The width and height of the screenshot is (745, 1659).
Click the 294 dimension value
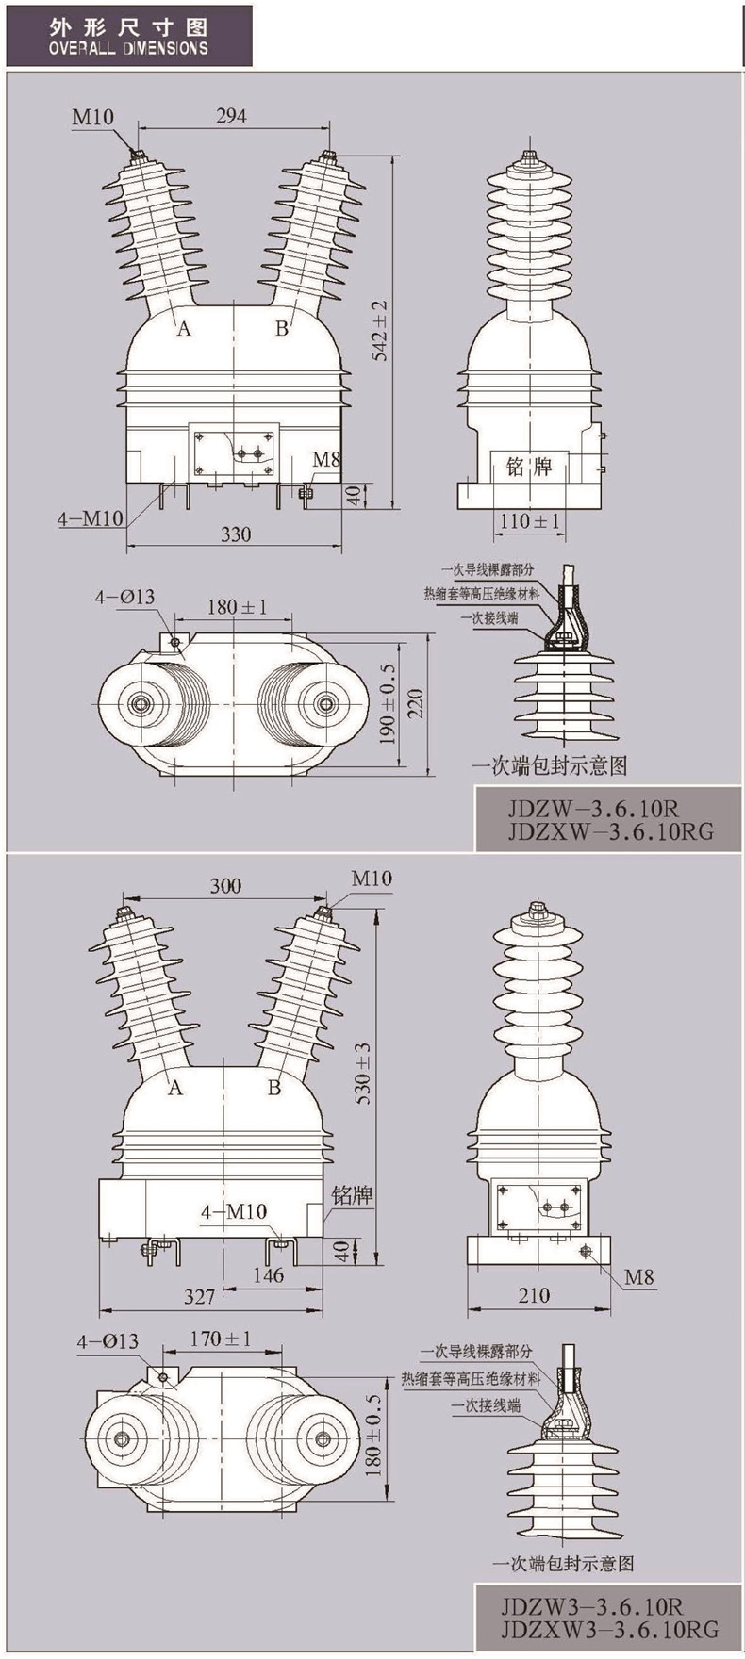[231, 116]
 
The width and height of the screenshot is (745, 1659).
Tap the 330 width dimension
[236, 534]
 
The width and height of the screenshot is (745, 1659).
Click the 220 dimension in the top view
[416, 702]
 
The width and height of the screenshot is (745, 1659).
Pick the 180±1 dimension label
[237, 606]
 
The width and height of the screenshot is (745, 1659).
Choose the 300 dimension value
[225, 886]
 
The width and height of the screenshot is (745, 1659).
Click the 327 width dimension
[199, 1297]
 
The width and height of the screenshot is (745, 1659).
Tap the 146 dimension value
[269, 1275]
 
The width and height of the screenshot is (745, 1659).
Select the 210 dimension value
[534, 1295]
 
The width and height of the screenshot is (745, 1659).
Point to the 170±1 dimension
[220, 1338]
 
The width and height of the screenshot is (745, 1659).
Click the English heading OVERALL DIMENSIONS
[129, 47]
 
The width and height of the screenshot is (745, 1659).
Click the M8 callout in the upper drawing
[326, 460]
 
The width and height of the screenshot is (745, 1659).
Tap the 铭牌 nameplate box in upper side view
[529, 467]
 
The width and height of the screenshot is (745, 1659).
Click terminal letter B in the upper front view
[281, 328]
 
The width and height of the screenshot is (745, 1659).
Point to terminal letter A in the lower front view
[174, 1088]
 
